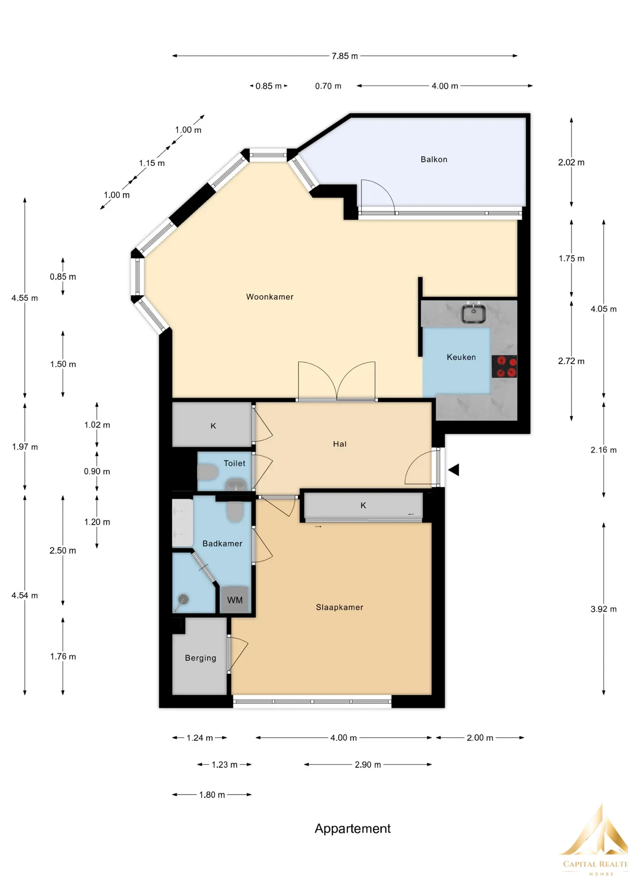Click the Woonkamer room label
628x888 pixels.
pyautogui.click(x=270, y=297)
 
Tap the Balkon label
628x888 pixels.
pyautogui.click(x=434, y=160)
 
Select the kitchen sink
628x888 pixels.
pyautogui.click(x=473, y=313)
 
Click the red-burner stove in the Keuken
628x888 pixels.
pyautogui.click(x=504, y=366)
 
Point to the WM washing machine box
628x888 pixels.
pyautogui.click(x=234, y=600)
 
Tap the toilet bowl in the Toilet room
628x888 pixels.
pyautogui.click(x=208, y=472)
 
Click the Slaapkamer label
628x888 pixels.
pyautogui.click(x=339, y=607)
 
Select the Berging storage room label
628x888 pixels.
pyautogui.click(x=200, y=658)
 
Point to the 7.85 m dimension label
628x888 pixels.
pyautogui.click(x=345, y=56)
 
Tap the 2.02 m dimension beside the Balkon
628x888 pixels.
pyautogui.click(x=571, y=162)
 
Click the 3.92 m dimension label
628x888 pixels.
pyautogui.click(x=603, y=609)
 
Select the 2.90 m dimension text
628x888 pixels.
pyautogui.click(x=368, y=765)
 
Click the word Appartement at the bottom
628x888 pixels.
pyautogui.click(x=352, y=828)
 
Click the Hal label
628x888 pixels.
pyautogui.click(x=339, y=444)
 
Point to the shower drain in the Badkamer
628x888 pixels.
pyautogui.click(x=183, y=599)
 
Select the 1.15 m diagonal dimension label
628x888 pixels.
pyautogui.click(x=152, y=163)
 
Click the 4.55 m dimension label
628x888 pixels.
pyautogui.click(x=25, y=298)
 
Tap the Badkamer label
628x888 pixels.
pyautogui.click(x=222, y=544)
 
